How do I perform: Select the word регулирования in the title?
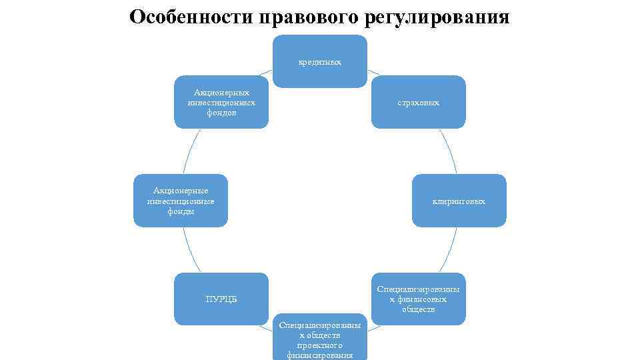point(437,17)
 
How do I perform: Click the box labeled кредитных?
point(319,61)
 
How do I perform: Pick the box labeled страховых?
point(418,102)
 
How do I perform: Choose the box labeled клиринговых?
point(459,200)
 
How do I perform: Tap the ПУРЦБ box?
point(221,299)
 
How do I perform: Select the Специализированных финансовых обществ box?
point(418,299)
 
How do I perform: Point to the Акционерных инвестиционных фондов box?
point(221,102)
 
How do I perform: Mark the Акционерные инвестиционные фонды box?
point(180,200)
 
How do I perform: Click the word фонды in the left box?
point(181,211)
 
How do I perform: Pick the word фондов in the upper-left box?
point(221,113)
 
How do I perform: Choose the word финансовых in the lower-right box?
point(418,299)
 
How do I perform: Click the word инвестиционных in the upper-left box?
point(221,103)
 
